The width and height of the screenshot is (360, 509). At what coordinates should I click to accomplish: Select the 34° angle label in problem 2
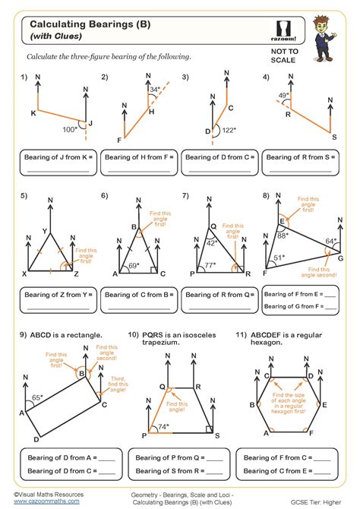(155, 90)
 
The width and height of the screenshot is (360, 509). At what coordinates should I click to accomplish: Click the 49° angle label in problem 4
(283, 96)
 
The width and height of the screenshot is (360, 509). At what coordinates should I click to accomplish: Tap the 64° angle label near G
(330, 242)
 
